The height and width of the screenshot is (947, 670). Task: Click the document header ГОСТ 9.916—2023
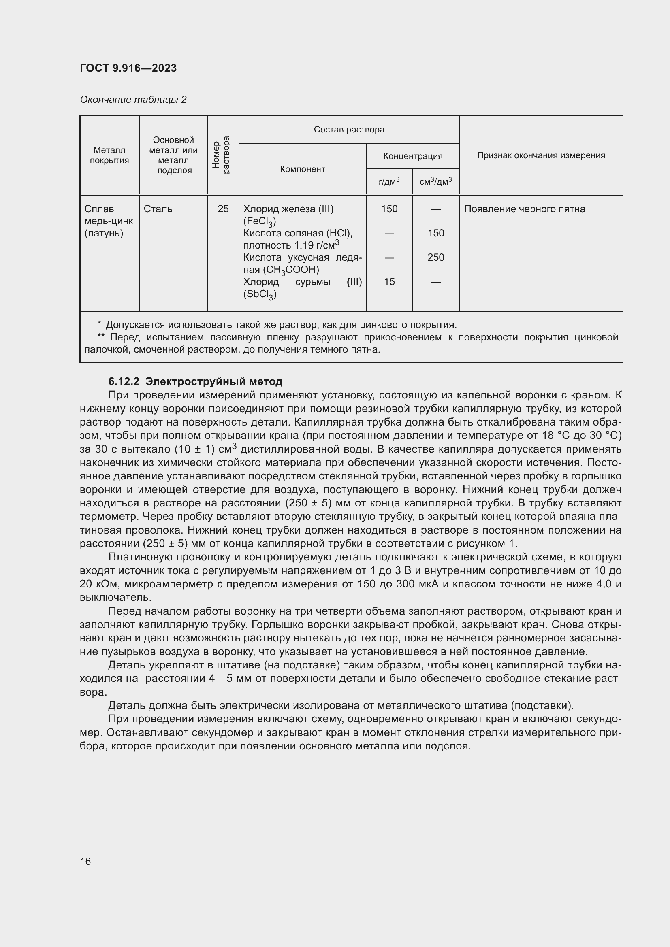click(x=128, y=68)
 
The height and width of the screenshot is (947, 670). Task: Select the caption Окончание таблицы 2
click(x=133, y=100)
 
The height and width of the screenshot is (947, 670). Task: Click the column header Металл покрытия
click(x=109, y=155)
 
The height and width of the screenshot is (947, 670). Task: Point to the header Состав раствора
click(x=349, y=130)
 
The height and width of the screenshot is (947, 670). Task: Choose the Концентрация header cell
click(x=412, y=156)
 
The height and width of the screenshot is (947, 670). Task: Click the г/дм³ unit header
click(x=388, y=181)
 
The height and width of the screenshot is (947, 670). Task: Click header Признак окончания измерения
click(x=540, y=155)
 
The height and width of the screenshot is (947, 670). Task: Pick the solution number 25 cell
click(x=223, y=209)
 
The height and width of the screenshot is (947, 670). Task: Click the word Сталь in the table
click(x=158, y=209)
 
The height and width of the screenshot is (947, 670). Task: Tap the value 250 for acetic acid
click(x=436, y=257)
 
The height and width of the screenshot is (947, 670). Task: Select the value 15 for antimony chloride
click(x=389, y=282)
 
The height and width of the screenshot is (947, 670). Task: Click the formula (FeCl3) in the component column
click(x=260, y=222)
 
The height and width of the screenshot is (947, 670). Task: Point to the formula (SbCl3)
click(x=260, y=294)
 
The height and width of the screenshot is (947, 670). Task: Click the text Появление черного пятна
click(x=524, y=209)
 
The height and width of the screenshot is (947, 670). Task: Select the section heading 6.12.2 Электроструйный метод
click(x=195, y=381)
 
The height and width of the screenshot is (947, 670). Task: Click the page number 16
click(x=85, y=861)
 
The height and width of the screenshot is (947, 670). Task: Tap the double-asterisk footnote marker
click(x=101, y=337)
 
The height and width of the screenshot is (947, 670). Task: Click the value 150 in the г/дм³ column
click(x=389, y=209)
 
